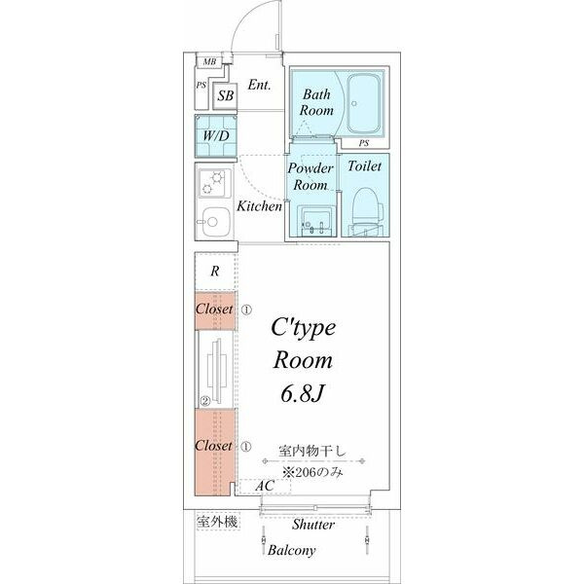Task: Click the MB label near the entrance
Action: [x=209, y=61]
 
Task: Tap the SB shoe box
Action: [x=225, y=95]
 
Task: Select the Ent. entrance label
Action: [x=259, y=85]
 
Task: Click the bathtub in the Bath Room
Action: [x=365, y=103]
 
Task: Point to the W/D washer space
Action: [x=216, y=135]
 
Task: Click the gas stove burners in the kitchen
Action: [x=213, y=183]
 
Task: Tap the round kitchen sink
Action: [x=211, y=222]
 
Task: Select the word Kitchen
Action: [x=260, y=206]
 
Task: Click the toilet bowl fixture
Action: [x=366, y=212]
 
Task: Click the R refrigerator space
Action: [x=215, y=272]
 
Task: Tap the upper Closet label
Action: [x=214, y=310]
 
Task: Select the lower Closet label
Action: [x=213, y=446]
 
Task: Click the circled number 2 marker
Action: [x=205, y=401]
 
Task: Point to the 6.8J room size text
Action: [x=303, y=394]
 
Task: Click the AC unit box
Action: [x=265, y=486]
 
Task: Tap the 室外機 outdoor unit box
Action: [x=218, y=522]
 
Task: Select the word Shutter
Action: [x=313, y=525]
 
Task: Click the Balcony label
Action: [x=292, y=550]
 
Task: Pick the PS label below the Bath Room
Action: [x=364, y=143]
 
